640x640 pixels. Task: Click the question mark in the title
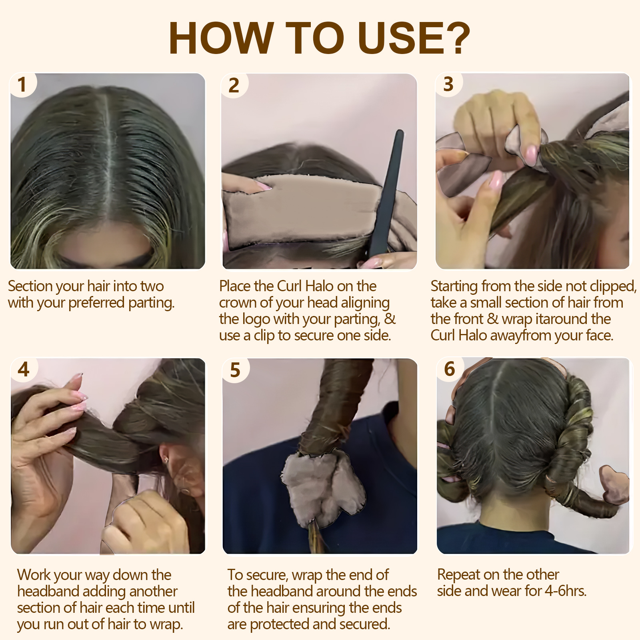[x=456, y=38]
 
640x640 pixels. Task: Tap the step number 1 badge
[x=22, y=85]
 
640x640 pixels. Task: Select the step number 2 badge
[x=234, y=86]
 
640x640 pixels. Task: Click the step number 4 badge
[x=24, y=369]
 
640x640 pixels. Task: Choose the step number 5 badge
[x=235, y=370]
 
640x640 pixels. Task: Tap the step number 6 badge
[x=450, y=369]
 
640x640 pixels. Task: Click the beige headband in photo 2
[x=304, y=208]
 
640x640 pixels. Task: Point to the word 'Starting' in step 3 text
[x=454, y=286]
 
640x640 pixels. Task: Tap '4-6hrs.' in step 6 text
[x=566, y=591]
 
